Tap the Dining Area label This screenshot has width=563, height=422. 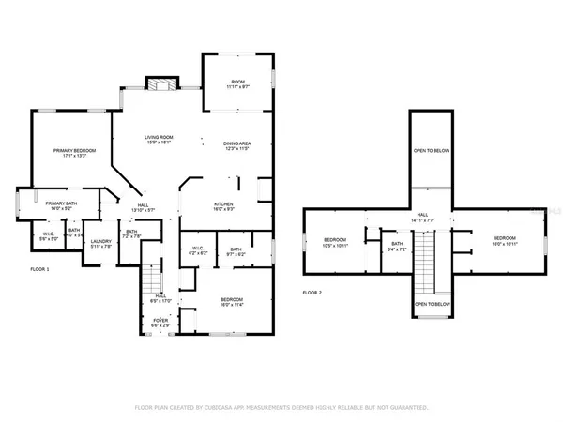click(236, 146)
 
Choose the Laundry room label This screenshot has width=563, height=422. click(101, 244)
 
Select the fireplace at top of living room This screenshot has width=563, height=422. click(163, 84)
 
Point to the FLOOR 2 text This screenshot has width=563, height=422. click(312, 293)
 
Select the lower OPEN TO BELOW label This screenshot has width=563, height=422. click(432, 305)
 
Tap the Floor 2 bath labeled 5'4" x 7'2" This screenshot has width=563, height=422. click(396, 248)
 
